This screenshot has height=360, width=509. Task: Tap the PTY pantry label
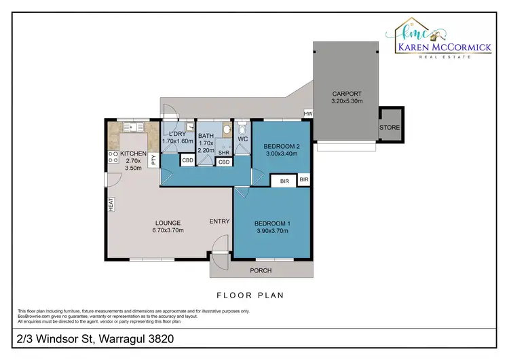(x=154, y=160)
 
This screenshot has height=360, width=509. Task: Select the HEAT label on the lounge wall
(x=109, y=204)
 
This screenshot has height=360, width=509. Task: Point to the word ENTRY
(x=219, y=221)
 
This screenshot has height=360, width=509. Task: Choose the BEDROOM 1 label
(x=271, y=228)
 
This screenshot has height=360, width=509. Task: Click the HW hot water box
(x=308, y=113)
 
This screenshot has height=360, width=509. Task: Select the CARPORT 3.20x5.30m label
(x=346, y=97)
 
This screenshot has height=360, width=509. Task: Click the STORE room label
(x=390, y=128)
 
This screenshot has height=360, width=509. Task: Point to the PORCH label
(x=261, y=270)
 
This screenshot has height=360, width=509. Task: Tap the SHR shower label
(x=223, y=153)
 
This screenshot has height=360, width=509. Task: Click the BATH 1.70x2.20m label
(x=206, y=143)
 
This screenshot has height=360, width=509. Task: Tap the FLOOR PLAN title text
(x=250, y=295)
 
